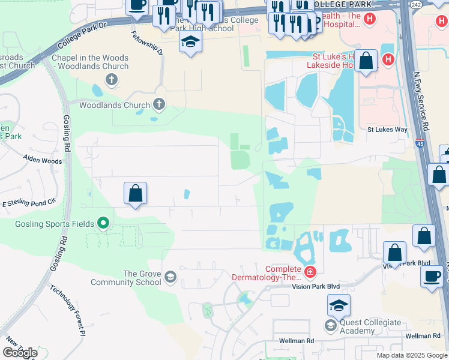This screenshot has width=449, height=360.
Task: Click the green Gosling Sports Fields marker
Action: pyautogui.click(x=103, y=224)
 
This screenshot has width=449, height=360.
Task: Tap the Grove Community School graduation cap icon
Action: pyautogui.click(x=170, y=276)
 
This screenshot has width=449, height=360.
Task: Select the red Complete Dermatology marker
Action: pyautogui.click(x=310, y=273)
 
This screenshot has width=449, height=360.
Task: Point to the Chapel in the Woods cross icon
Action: pyautogui.click(x=110, y=79)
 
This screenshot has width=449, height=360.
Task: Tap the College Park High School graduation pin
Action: pyautogui.click(x=190, y=41)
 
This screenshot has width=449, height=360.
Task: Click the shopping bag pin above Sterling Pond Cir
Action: pyautogui.click(x=135, y=193)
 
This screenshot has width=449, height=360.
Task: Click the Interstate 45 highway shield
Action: pyautogui.click(x=420, y=144)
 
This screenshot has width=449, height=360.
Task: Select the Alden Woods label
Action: pyautogui.click(x=42, y=161)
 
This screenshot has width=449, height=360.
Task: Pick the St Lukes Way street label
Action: pyautogui.click(x=387, y=130)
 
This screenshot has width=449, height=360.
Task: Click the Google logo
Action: pyautogui.click(x=20, y=353)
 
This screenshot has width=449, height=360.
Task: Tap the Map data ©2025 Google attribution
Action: pyautogui.click(x=411, y=355)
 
